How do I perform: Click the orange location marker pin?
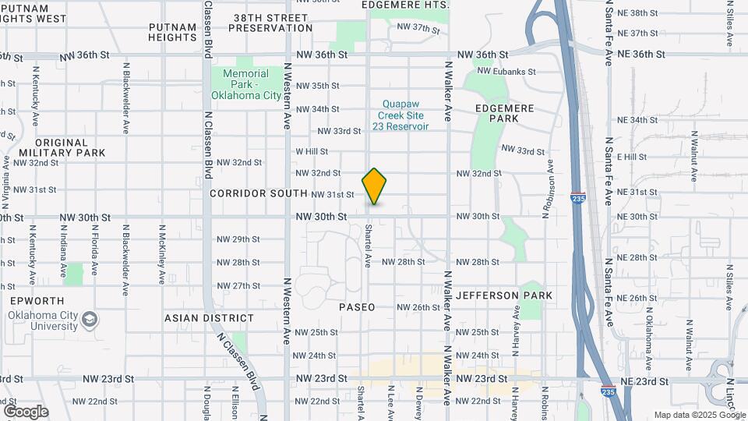pyautogui.click(x=375, y=186)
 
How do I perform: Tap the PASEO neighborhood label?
pyautogui.click(x=357, y=307)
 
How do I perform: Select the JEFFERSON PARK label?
pyautogui.click(x=504, y=295)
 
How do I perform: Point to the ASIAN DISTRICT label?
pyautogui.click(x=209, y=318)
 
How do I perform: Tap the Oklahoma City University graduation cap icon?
pyautogui.click(x=90, y=320)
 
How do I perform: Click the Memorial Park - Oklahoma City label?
pyautogui.click(x=245, y=84)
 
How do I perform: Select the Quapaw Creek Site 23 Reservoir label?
pyautogui.click(x=406, y=115)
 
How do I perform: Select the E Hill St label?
pyautogui.click(x=632, y=157)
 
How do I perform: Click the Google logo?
pyautogui.click(x=25, y=411)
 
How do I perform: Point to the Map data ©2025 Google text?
pyautogui.click(x=698, y=415)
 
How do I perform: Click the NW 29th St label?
pyautogui.click(x=238, y=239)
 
